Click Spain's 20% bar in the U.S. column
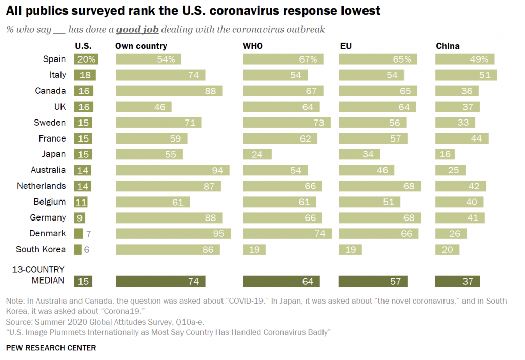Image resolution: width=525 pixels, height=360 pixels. pos(86,59)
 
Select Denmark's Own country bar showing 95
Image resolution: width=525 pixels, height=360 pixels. pos(173,234)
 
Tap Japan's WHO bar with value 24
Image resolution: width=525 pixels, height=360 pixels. pos(257,154)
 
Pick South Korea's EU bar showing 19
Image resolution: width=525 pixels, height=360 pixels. pos(350,250)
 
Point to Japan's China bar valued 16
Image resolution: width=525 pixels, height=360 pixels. pos(445,154)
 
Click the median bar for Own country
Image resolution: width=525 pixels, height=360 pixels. pos(161,281)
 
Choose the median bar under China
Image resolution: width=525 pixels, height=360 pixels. pos(457,281)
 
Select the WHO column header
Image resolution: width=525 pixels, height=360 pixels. pos(252,46)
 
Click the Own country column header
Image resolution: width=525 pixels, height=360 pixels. pos(141,46)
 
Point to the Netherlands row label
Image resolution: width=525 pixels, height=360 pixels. pos(42,186)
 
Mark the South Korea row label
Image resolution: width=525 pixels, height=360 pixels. pos(41,249)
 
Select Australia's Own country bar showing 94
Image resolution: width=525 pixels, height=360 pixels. pos(173,170)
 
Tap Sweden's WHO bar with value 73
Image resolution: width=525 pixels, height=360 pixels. pos(286,123)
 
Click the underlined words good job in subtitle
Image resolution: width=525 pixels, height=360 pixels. pos(137,30)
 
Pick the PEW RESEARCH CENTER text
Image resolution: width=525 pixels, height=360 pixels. pos(51,348)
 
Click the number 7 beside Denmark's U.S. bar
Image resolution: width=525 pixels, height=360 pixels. pos(88,234)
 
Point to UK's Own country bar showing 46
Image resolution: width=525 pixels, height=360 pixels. pos(144,107)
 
